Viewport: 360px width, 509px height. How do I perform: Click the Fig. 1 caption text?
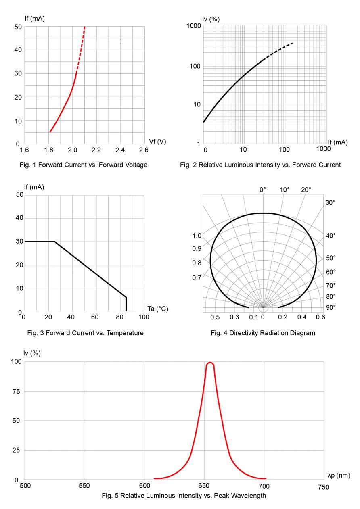(84, 165)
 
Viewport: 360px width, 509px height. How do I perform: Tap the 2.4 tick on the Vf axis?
(120, 150)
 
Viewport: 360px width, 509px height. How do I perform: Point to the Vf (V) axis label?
(157, 141)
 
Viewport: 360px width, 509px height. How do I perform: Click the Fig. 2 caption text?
(260, 165)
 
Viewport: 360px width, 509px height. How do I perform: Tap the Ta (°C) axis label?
(158, 309)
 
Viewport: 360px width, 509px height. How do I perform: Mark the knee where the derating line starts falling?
(54, 242)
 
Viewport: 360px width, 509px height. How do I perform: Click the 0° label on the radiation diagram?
(263, 190)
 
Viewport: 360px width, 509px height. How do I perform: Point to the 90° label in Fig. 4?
(331, 307)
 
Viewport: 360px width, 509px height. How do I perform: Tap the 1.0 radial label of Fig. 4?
(197, 236)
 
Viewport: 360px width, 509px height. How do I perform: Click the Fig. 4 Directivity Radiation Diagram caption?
(263, 333)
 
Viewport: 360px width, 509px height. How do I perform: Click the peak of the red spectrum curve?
(210, 363)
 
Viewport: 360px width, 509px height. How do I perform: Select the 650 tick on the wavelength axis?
(204, 487)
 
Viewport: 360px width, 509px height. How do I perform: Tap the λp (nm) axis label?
(339, 476)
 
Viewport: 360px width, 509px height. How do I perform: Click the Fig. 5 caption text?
(184, 495)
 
